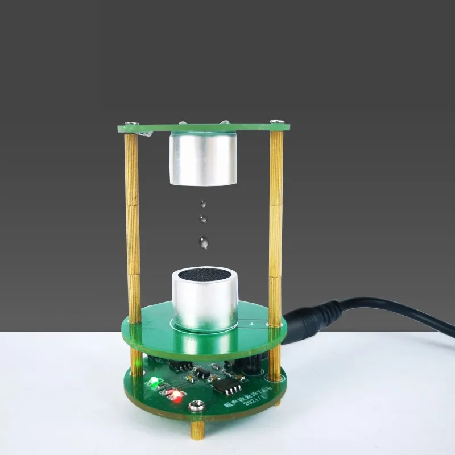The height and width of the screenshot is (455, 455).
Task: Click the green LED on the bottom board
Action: [152, 383]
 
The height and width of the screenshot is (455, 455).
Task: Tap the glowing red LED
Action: [177, 395]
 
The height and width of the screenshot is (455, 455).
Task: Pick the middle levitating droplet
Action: [202, 218]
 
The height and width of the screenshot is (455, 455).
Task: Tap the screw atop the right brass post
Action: [277, 122]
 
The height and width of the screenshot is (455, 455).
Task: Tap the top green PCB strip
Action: [205, 128]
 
